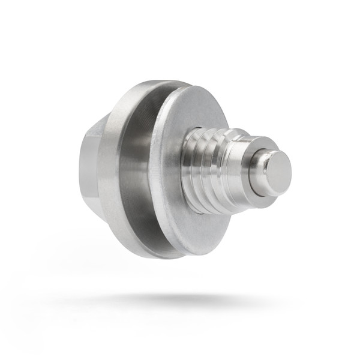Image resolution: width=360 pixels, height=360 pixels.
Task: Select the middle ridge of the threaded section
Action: point(209,172)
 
